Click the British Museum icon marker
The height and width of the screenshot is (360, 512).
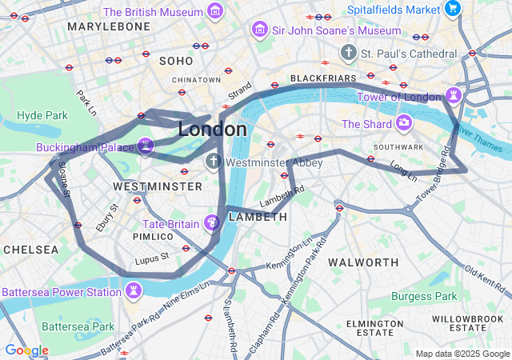214,11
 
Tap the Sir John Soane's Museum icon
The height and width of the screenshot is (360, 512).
259,30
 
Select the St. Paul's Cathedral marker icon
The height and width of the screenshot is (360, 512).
348,53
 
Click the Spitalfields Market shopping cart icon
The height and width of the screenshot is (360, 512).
454,10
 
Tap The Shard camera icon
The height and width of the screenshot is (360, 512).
404,123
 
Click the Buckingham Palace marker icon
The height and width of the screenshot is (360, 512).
146,146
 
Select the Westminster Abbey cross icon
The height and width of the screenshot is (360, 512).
213,162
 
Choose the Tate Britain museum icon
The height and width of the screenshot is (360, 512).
213,222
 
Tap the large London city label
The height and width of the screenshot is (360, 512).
212,130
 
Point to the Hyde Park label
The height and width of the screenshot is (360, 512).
42,115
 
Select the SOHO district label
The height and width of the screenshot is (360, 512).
176,61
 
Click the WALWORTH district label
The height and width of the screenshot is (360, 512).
363,262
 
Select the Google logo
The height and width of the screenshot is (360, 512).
26,350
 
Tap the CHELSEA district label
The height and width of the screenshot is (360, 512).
30,250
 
